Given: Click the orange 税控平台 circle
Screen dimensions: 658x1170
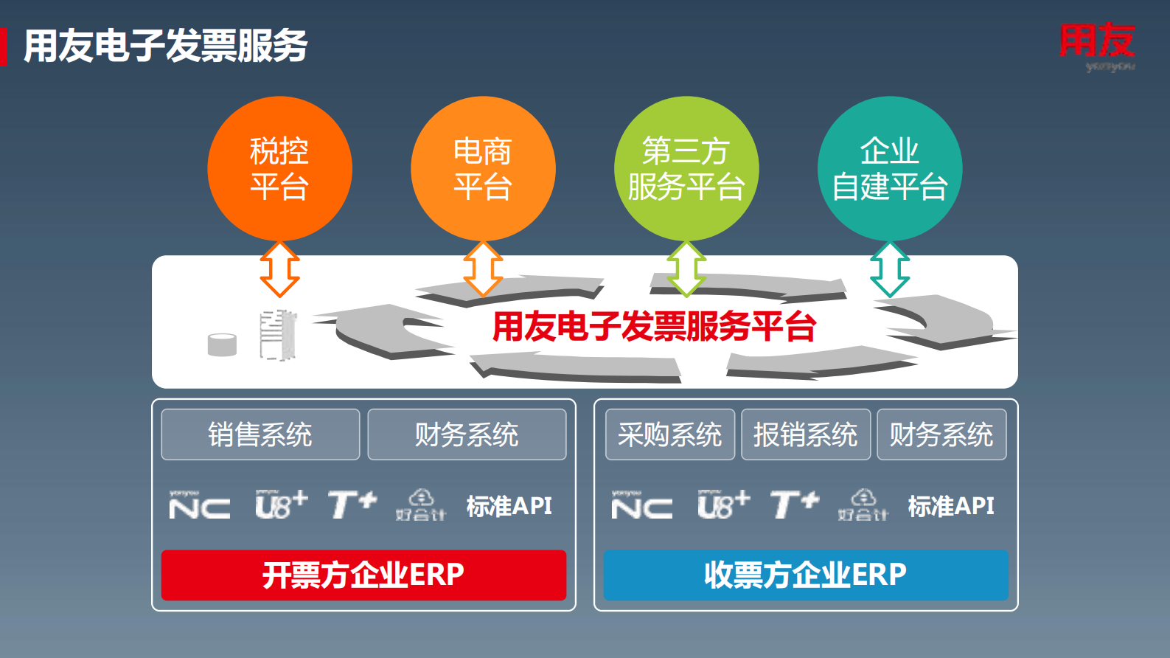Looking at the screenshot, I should click(x=279, y=169).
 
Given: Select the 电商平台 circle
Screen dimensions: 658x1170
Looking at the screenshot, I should click(x=483, y=169).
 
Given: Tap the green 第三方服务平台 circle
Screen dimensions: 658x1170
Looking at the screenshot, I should click(x=686, y=169).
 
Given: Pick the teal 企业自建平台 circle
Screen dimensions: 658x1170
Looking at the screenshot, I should click(x=890, y=169).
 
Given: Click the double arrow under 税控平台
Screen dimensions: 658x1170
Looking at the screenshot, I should click(x=280, y=269).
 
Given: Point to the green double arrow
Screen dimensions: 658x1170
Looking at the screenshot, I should click(x=686, y=269).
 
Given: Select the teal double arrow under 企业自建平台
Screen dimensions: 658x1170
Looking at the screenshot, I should click(x=890, y=269).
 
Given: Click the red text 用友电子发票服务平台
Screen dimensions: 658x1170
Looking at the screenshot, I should click(x=654, y=326).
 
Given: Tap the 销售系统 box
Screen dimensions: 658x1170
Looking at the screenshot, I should click(x=260, y=434).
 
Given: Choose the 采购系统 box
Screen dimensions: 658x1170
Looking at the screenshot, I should click(x=669, y=434).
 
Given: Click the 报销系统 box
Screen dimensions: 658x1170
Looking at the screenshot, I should click(x=805, y=434).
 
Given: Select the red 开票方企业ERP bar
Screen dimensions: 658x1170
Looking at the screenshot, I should click(x=363, y=575).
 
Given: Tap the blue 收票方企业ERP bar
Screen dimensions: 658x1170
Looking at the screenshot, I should click(x=805, y=575).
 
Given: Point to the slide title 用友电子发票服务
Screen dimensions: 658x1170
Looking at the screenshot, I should click(x=165, y=46).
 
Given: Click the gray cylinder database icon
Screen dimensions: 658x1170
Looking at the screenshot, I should click(x=222, y=344).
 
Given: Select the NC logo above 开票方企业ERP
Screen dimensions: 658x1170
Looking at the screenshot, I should click(x=199, y=506).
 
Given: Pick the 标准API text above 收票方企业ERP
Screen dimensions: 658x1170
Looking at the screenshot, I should click(x=951, y=506).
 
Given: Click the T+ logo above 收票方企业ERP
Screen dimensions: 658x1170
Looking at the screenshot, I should click(x=794, y=505).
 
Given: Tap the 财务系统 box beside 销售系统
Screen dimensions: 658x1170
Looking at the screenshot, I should click(x=467, y=434).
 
